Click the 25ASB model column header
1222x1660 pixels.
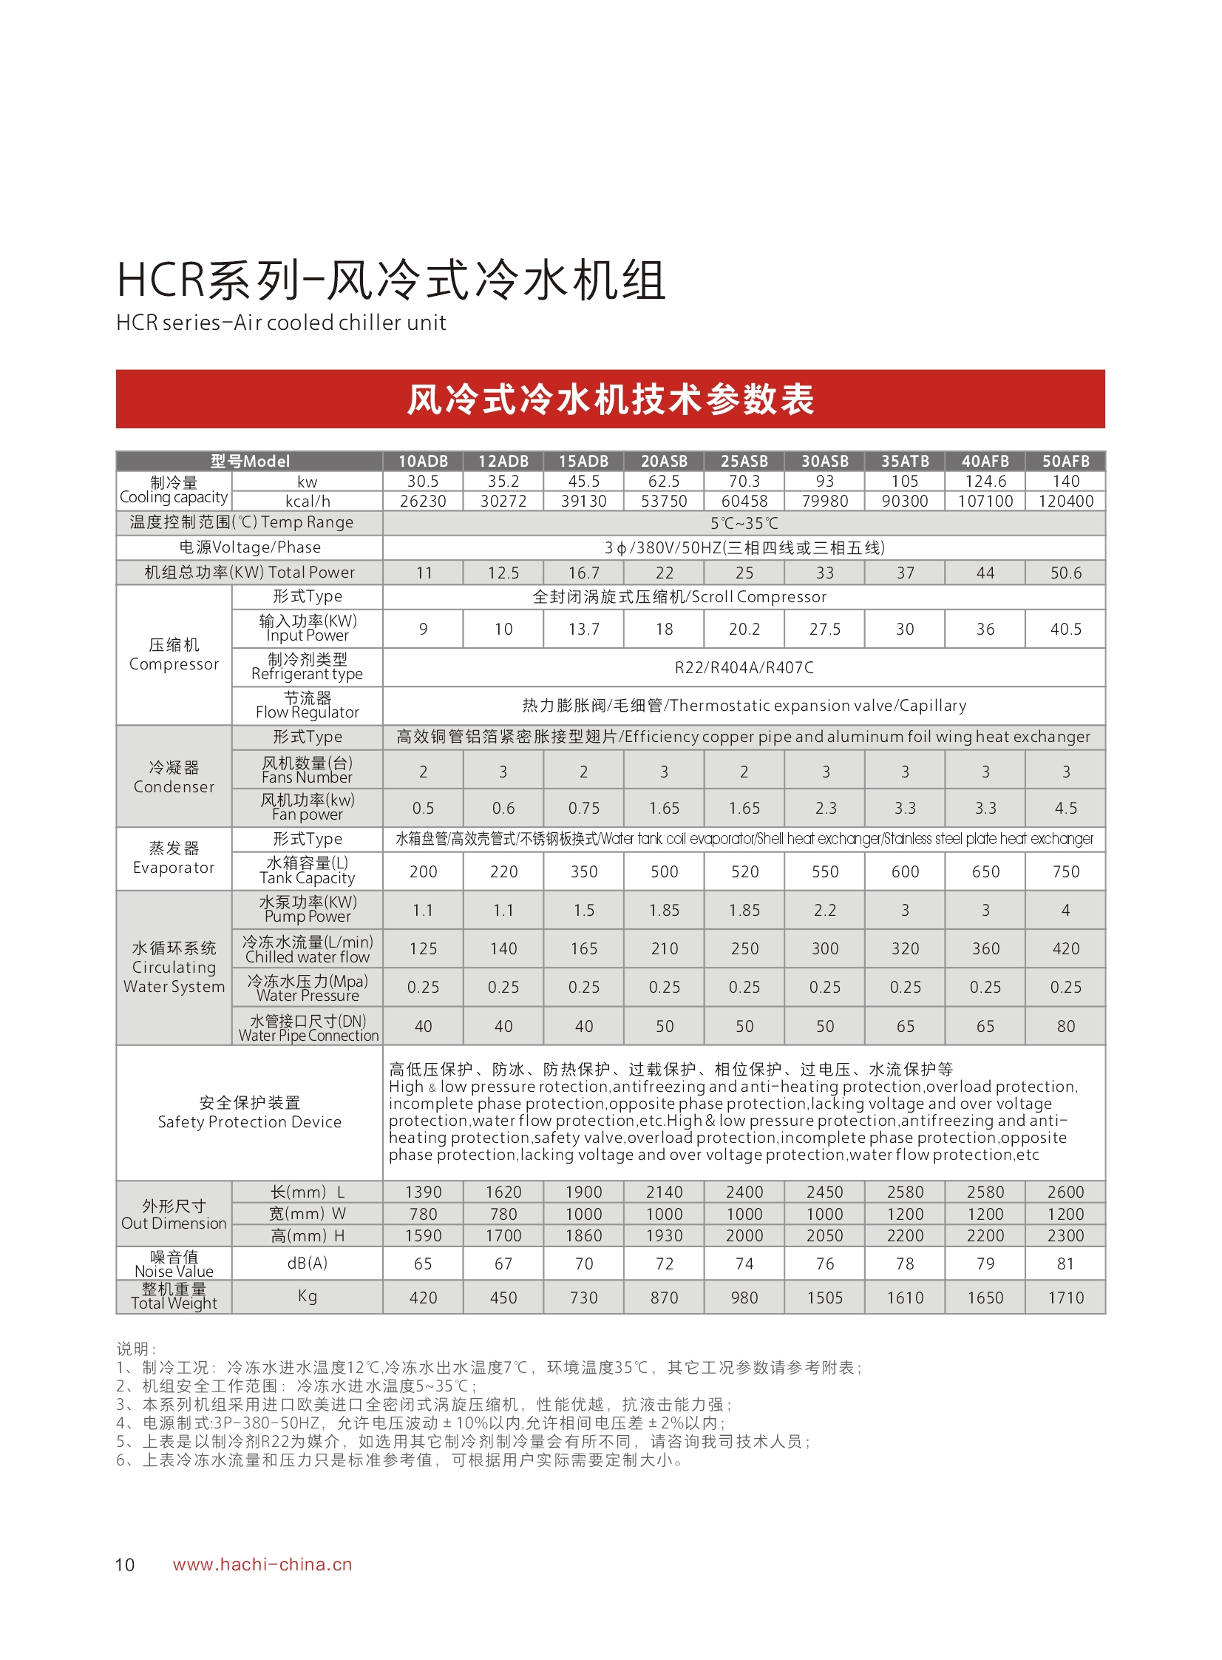coord(744,461)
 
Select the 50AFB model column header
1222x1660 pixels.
coord(1065,461)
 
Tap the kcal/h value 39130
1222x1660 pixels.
coord(583,501)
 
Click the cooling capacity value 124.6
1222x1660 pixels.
coord(985,481)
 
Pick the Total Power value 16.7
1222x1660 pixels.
coord(583,573)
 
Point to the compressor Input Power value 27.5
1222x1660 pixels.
coord(825,629)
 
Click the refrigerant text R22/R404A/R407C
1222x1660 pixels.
coord(744,667)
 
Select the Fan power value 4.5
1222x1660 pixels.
coord(1065,808)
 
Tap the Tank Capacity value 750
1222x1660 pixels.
coord(1065,872)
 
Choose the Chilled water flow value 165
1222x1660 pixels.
coord(583,949)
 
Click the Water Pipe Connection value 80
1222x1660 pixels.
coord(1065,1027)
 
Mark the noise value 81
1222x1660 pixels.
coord(1065,1264)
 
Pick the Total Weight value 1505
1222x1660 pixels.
coord(825,1298)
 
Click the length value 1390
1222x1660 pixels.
coord(423,1192)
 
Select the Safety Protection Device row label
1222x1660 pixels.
coord(249,1113)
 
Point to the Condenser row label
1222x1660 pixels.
coord(174,777)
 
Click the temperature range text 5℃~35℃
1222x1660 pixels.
coord(744,523)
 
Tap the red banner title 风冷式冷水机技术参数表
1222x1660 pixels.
coord(610,399)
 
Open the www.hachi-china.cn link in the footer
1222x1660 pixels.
coord(262,1565)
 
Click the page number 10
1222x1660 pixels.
coord(125,1565)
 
